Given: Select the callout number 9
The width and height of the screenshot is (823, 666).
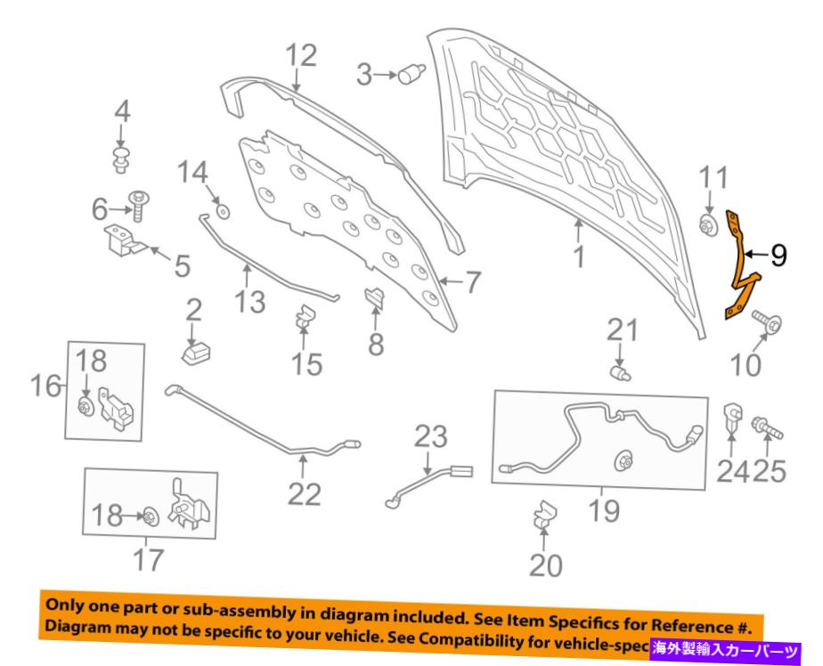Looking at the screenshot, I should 778,257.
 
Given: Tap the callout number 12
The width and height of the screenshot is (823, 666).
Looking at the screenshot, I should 301,57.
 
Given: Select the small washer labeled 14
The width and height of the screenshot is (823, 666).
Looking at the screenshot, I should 221,212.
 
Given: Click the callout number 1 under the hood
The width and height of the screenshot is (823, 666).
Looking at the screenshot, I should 580,258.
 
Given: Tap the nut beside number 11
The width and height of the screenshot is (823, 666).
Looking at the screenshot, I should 709,226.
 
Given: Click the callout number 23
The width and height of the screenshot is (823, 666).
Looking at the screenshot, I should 433,438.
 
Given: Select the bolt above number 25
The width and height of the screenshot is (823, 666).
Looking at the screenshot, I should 769,428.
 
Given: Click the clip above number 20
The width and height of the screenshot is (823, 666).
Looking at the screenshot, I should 543,516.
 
